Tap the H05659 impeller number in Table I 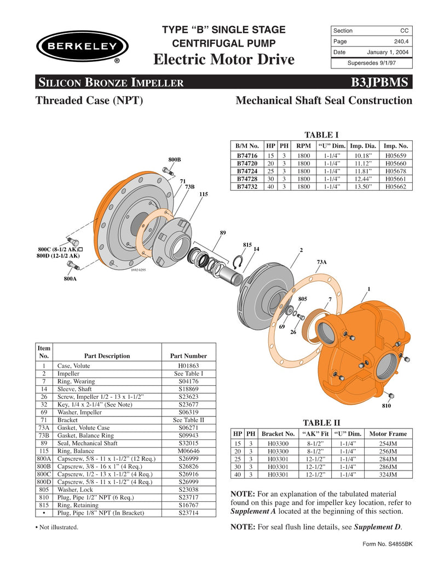tap(396, 156)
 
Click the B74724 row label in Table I tap(247, 171)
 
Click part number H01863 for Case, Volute tap(189, 365)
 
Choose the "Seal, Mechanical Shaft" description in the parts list tap(88, 443)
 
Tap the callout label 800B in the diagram tap(175, 159)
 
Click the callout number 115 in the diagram tap(203, 194)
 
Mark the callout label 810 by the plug tap(387, 406)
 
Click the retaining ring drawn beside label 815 tap(238, 264)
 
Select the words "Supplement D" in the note tap(377, 527)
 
